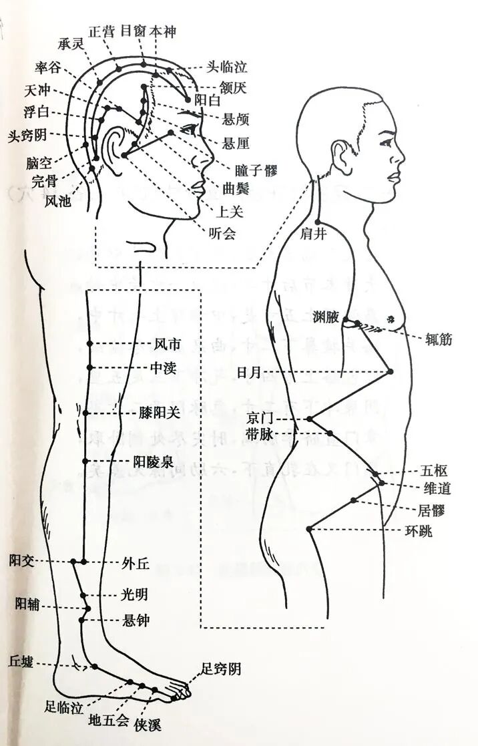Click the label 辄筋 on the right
click(439, 339)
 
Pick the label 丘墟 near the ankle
click(20, 661)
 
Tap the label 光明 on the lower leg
click(134, 594)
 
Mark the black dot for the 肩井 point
click(318, 222)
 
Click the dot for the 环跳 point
click(309, 529)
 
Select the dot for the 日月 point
click(391, 371)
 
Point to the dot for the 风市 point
click(89, 344)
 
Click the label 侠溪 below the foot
click(147, 725)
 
